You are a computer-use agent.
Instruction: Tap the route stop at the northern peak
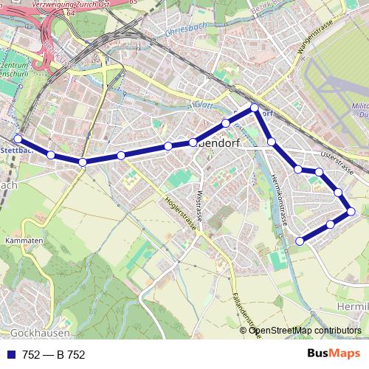tap(255, 108)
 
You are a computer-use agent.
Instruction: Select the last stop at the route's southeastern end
tap(300, 241)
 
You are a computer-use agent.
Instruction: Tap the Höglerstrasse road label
tap(182, 212)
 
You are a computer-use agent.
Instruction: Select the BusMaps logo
tap(334, 354)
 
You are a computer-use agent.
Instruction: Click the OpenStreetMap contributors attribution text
tap(306, 330)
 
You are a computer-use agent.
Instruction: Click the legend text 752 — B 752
tap(54, 354)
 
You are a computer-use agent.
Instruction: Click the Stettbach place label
tap(15, 151)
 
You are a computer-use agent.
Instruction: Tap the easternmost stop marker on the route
tap(351, 212)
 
